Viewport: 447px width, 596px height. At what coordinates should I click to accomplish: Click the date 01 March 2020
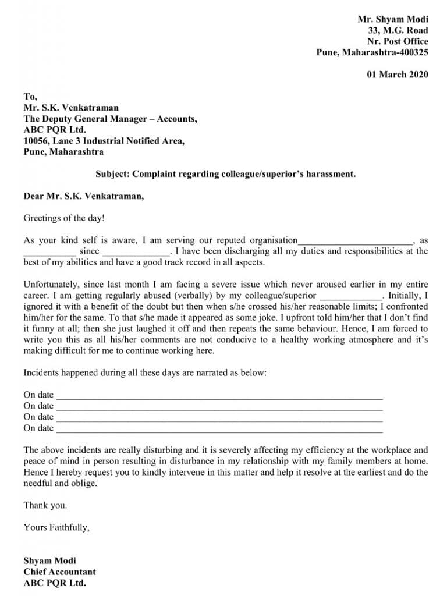[x=397, y=74]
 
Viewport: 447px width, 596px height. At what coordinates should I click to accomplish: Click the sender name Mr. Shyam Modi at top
[x=393, y=19]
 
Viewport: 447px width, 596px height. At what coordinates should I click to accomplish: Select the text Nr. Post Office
[x=398, y=41]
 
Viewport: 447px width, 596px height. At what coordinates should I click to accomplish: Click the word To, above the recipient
[x=30, y=97]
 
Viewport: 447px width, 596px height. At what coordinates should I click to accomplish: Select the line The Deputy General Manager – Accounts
[x=110, y=119]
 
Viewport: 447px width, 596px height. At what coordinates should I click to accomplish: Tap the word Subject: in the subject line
[x=112, y=174]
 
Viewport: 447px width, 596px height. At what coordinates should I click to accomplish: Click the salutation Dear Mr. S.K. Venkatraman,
[x=83, y=196]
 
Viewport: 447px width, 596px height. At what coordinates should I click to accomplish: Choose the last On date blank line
[x=219, y=430]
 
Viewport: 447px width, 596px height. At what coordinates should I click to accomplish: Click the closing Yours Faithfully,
[x=56, y=528]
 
